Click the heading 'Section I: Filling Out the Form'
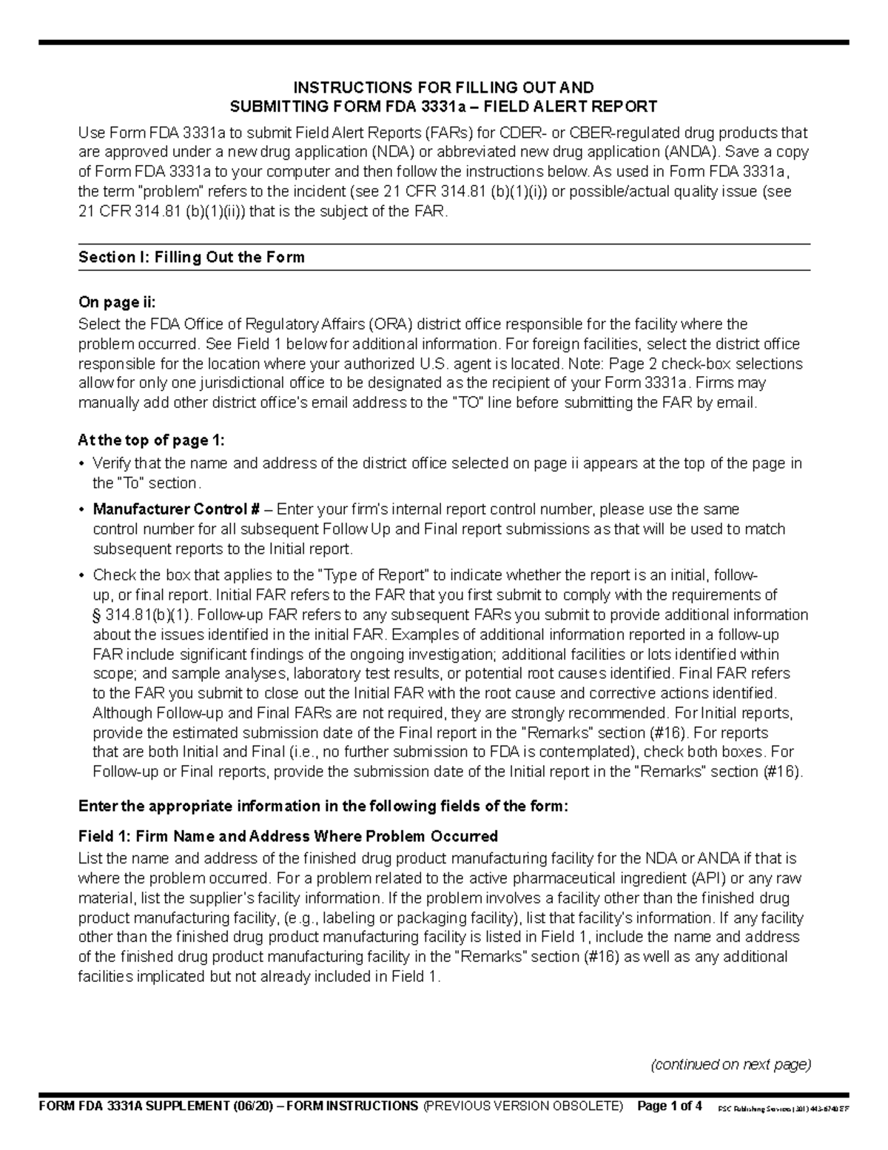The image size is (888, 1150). pos(192,258)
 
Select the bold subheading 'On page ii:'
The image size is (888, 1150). pos(118,302)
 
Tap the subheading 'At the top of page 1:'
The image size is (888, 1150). pos(151,441)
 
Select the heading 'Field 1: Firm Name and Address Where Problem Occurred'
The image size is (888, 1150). pos(288,836)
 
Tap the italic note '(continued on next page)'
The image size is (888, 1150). pos(730,1065)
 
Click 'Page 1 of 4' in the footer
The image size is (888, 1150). pos(670,1106)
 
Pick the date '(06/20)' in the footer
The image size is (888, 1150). pos(252,1106)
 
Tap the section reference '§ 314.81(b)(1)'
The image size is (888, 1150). pos(141,615)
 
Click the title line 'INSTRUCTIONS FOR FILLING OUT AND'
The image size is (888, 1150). pos(444,88)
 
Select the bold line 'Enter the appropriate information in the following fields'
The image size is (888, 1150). pos(324,806)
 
